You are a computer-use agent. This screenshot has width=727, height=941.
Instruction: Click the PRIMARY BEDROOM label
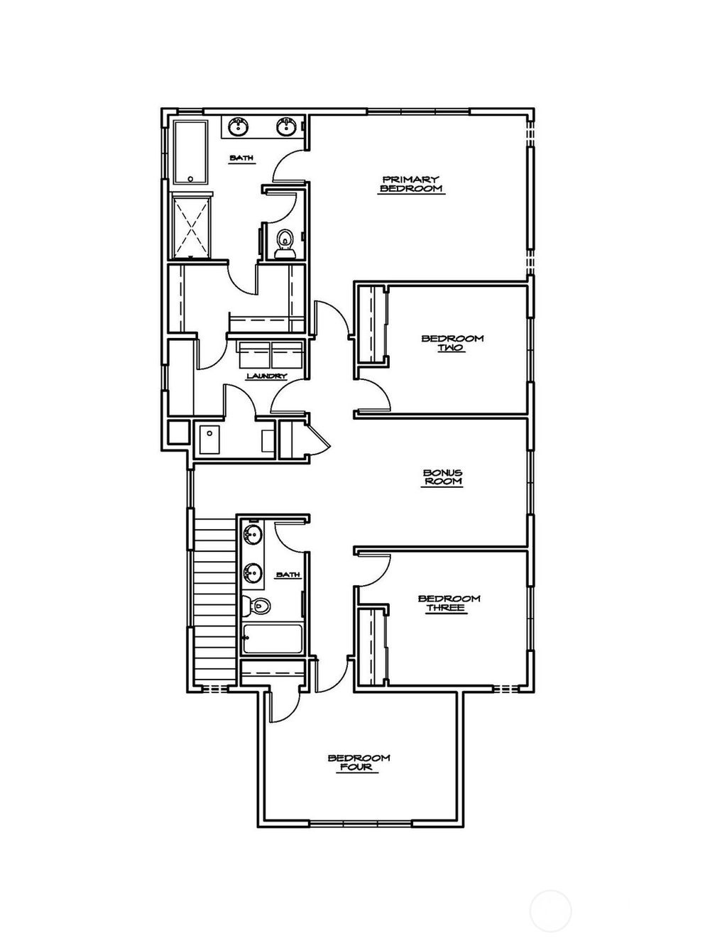point(411,185)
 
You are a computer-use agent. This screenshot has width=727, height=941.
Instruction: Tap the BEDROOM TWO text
point(452,343)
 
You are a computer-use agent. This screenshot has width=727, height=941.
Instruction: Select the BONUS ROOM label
point(442,477)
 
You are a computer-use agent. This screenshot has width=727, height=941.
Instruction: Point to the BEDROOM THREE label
point(449,603)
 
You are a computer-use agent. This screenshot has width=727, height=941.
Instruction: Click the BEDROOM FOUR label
point(359,762)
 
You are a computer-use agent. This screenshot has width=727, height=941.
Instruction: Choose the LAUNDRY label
point(266,376)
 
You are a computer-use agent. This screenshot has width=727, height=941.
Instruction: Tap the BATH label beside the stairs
point(288,575)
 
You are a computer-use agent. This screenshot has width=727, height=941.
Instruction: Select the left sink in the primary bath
point(237,127)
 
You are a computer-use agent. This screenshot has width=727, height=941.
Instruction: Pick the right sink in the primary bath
point(286,127)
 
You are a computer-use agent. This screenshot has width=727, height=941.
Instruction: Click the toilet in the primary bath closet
point(285,242)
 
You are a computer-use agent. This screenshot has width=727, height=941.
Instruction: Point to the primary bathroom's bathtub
point(190,153)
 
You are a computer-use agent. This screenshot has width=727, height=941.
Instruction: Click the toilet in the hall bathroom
point(256,606)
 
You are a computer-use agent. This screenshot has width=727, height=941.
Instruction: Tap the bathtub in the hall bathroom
point(273,638)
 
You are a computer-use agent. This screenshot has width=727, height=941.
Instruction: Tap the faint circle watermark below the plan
point(551,910)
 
